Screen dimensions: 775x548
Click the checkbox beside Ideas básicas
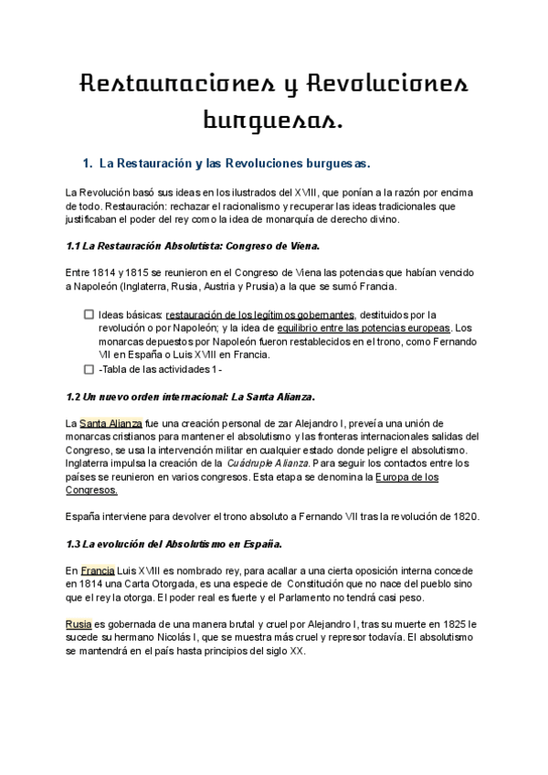[89, 314]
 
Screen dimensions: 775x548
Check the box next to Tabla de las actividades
[89, 370]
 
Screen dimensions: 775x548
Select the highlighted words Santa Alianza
[111, 424]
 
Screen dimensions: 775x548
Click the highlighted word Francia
[97, 570]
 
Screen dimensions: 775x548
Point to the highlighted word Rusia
[78, 624]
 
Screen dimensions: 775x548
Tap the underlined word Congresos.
[90, 490]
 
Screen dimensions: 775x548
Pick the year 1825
[452, 624]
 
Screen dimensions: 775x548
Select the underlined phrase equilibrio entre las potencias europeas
[371, 328]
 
